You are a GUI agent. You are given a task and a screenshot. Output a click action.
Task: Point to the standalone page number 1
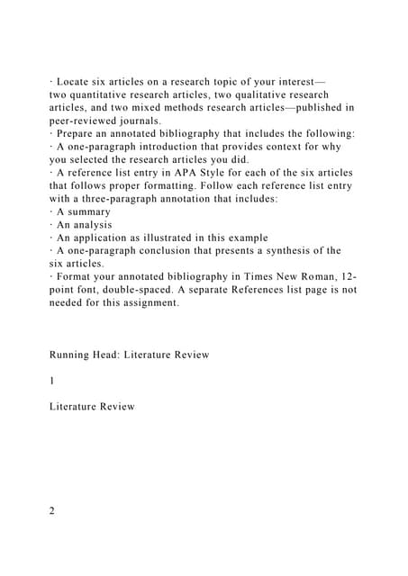52,381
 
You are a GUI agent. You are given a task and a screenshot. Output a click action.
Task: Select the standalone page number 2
52,511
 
